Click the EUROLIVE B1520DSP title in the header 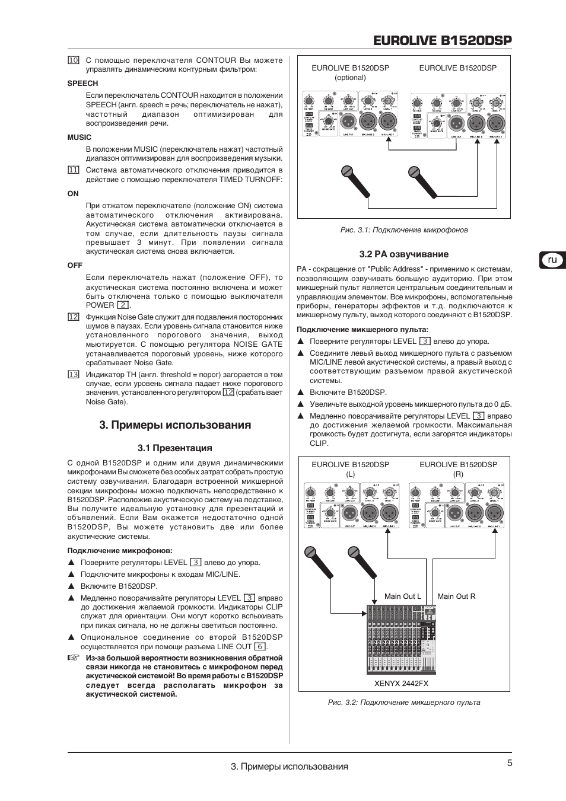pyautogui.click(x=443, y=40)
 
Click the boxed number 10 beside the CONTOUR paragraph pyautogui.click(x=73, y=60)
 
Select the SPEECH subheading pyautogui.click(x=82, y=84)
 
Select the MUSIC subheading pyautogui.click(x=80, y=137)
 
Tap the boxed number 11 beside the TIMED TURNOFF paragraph pyautogui.click(x=73, y=170)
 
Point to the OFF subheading pyautogui.click(x=75, y=265)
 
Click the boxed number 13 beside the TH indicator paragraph pyautogui.click(x=73, y=375)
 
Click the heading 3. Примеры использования pyautogui.click(x=175, y=425)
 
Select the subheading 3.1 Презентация pyautogui.click(x=174, y=448)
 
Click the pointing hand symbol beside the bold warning pyautogui.click(x=73, y=658)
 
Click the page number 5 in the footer pyautogui.click(x=510, y=764)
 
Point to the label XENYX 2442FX pyautogui.click(x=401, y=683)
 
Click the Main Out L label pyautogui.click(x=402, y=596)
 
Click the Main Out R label pyautogui.click(x=456, y=596)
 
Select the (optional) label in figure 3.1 pyautogui.click(x=350, y=78)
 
